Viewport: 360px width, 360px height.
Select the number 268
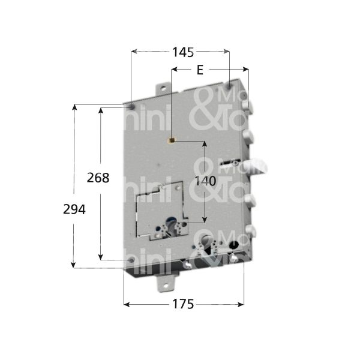[98, 178]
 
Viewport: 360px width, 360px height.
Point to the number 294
[74, 209]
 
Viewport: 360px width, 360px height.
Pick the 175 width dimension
[182, 304]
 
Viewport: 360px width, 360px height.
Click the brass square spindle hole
[172, 142]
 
